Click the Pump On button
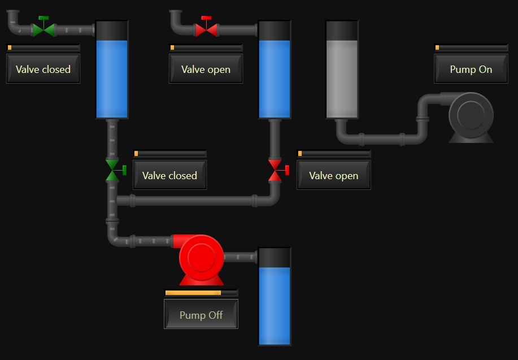click(x=471, y=69)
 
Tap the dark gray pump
click(x=469, y=118)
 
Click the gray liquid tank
click(x=342, y=70)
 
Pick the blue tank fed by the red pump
click(x=275, y=296)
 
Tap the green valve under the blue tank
click(x=115, y=170)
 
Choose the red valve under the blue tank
click(x=277, y=170)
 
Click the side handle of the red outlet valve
click(x=287, y=170)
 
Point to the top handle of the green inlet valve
click(x=43, y=18)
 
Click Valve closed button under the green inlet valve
click(x=43, y=69)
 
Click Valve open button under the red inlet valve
click(x=206, y=69)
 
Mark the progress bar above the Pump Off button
click(x=201, y=293)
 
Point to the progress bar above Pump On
click(x=471, y=47)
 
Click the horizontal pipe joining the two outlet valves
click(x=193, y=201)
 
